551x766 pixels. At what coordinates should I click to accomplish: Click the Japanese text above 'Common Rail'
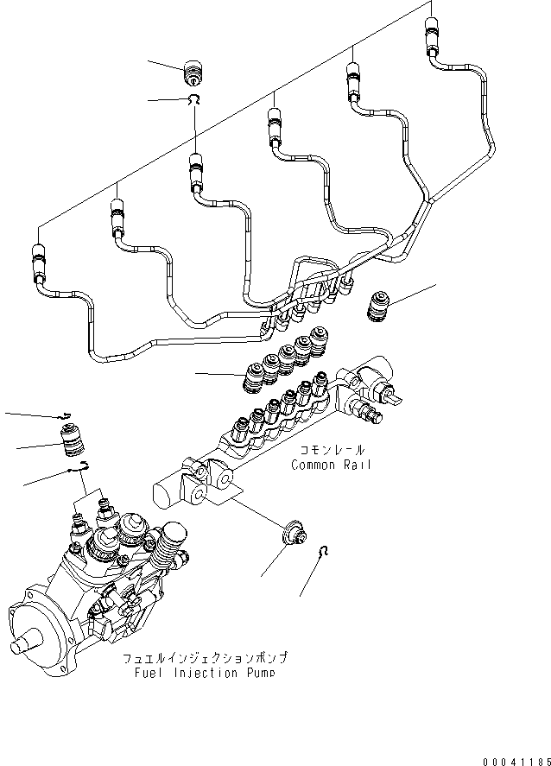332,451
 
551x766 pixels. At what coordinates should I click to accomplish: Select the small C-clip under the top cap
196,101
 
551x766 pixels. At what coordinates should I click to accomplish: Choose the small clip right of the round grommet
322,552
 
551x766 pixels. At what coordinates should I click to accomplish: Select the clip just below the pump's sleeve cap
80,467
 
